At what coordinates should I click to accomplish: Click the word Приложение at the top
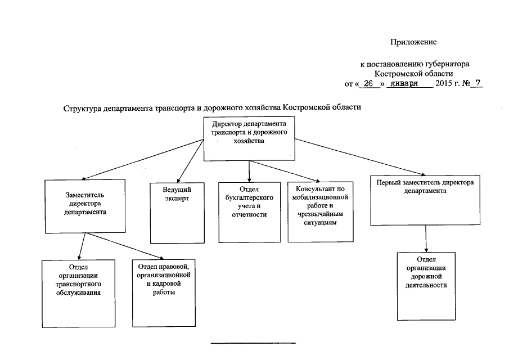pos(414,42)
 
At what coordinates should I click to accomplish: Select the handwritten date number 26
pos(369,83)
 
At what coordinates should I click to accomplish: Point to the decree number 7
pos(479,83)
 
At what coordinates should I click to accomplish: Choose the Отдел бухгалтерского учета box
pos(249,212)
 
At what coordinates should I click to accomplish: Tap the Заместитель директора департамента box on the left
pos(85,206)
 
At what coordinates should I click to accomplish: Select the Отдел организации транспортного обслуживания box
pos(79,293)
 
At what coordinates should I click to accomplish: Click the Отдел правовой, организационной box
pos(164,293)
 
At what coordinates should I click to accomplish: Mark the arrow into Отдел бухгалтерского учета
pos(249,172)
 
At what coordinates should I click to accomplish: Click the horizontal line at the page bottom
pos(253,342)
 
